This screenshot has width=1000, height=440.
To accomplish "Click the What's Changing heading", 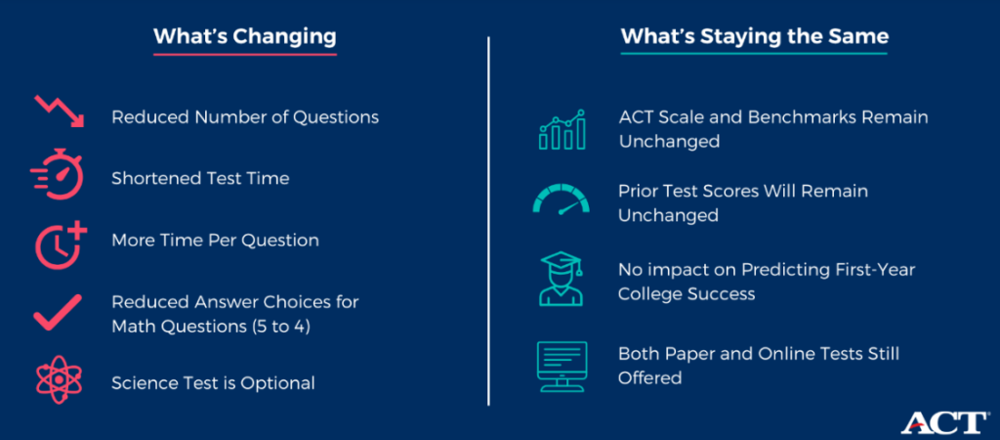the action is [245, 36].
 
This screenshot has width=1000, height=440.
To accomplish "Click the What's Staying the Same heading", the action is [755, 36].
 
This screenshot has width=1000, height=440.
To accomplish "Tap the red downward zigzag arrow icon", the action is [59, 111].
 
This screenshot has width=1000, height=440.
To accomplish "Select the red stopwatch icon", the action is [58, 174].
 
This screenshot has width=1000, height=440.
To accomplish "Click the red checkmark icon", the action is [58, 312].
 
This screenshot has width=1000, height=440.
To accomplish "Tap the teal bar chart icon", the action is [562, 130].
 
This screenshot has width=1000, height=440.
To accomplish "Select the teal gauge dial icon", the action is [562, 198].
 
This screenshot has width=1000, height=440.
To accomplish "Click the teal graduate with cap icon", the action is [562, 278].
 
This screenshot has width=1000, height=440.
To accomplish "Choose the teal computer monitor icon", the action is [562, 367].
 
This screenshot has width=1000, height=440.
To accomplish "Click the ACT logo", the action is [943, 422].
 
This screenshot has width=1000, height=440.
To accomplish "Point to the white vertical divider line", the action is [488, 220].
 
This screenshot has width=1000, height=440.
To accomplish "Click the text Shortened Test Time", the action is [200, 178].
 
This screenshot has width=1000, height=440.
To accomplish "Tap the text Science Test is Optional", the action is [213, 383].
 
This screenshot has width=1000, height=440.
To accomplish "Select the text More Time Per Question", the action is [215, 241].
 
